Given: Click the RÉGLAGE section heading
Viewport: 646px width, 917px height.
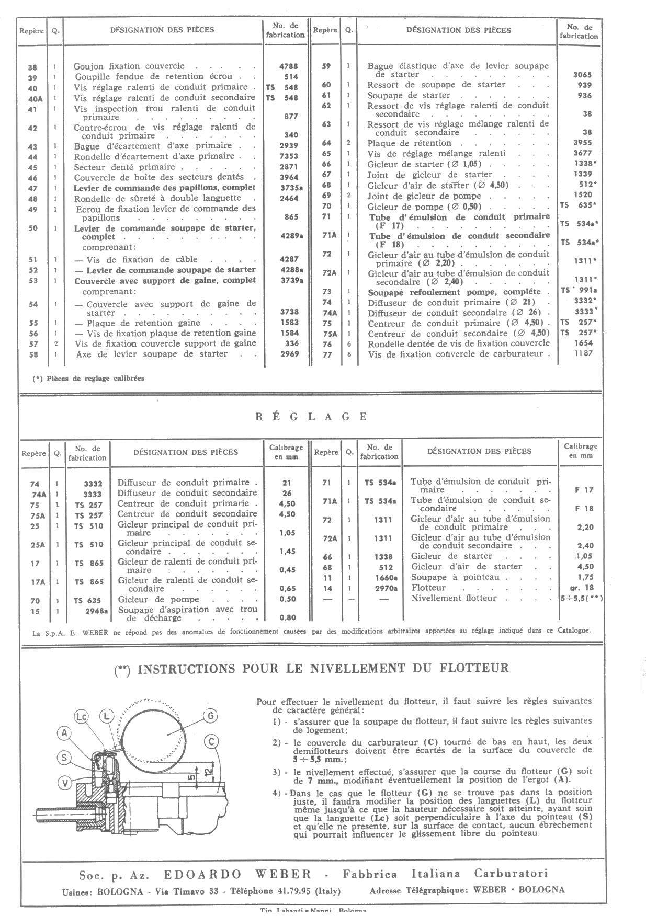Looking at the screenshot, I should coord(311,417).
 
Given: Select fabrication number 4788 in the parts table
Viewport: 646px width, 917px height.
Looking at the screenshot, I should coord(288,66).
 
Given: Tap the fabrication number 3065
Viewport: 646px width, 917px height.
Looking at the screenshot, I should coord(582,75).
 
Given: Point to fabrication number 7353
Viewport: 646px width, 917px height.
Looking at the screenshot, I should coord(288,156).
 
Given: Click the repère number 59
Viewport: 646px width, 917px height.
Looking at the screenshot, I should coord(326,66).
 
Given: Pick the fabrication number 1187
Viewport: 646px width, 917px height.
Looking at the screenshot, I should coord(582,353).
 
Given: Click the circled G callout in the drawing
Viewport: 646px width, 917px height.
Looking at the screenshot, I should coord(209,716).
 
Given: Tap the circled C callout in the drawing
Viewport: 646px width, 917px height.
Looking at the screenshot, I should coord(212,741).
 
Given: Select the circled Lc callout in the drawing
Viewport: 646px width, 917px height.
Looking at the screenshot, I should coord(81,716).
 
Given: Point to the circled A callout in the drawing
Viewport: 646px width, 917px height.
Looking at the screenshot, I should coord(64,733).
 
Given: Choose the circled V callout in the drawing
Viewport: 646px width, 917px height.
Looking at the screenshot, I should coord(64,783).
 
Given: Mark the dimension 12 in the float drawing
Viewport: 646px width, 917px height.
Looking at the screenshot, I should coord(208,772).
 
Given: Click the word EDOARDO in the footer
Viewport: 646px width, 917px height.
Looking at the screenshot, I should coord(202,874).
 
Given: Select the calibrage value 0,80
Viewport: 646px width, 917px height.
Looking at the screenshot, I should coord(287,617).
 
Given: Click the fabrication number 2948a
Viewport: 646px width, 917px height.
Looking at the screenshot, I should coord(97,610).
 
